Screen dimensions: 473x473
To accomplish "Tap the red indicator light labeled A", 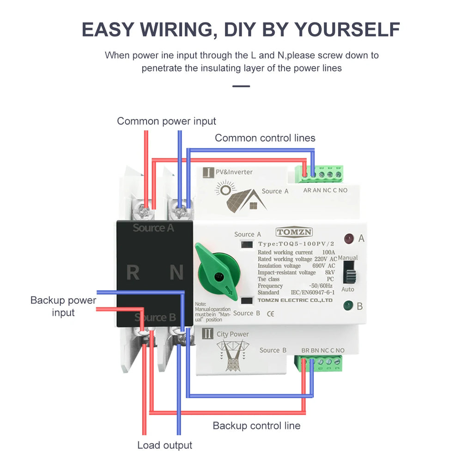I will point(349,238).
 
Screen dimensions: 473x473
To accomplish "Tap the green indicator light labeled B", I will point(348,305).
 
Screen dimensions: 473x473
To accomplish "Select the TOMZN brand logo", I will point(294,232).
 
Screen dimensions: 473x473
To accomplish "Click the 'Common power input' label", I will point(166,121).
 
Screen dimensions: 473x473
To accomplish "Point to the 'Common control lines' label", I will point(265,138).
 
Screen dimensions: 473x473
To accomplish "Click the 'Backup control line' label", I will point(256,425).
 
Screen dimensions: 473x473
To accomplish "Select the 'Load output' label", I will point(164,445).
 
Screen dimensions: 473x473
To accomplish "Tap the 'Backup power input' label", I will point(63,306).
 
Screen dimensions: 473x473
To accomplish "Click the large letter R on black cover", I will point(133,273).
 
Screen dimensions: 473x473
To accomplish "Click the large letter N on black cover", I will point(176,273).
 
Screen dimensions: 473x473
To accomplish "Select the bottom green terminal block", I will point(321,363).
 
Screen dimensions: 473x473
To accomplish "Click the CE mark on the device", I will point(271,314).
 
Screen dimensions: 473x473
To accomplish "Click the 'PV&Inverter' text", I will point(234,172).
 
